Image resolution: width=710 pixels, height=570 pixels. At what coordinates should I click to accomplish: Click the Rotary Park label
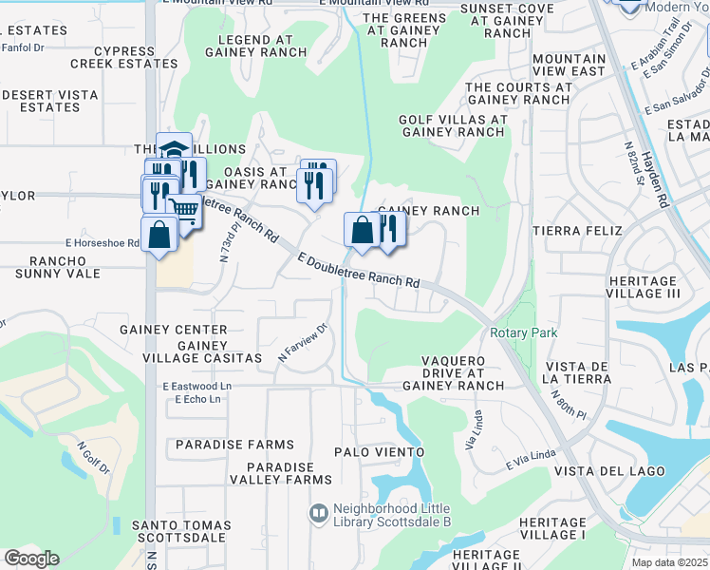tap(523, 332)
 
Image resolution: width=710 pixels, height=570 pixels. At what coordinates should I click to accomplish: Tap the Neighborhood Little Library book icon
tap(319, 513)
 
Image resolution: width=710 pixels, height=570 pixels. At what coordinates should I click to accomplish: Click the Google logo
tap(31, 559)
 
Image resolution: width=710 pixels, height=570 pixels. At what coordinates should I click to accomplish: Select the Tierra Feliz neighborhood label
tap(577, 231)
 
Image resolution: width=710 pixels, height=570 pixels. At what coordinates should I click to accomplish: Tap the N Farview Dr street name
tap(302, 343)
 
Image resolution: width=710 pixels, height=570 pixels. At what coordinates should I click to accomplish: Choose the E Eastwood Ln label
tap(196, 387)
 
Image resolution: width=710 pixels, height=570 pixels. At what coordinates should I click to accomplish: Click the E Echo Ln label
tap(197, 399)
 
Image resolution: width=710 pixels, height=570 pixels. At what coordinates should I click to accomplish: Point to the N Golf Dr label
tap(94, 460)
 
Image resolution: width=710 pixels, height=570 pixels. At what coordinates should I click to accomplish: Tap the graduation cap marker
tap(174, 150)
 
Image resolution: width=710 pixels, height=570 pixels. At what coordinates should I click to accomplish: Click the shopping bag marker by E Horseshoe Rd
tap(159, 234)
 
